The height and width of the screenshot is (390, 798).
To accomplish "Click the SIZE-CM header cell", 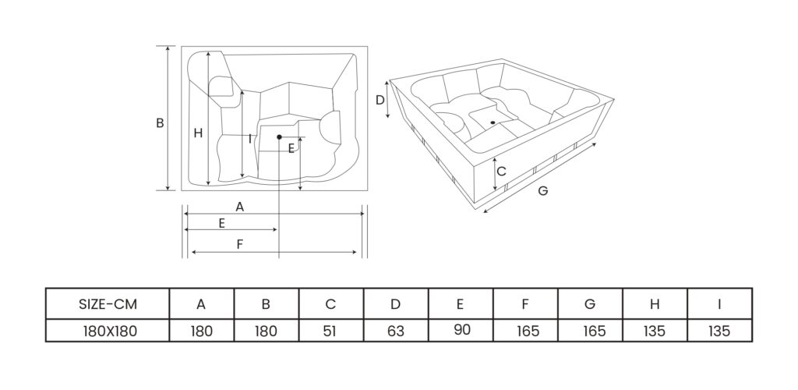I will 108,304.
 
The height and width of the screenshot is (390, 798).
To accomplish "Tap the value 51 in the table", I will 330,331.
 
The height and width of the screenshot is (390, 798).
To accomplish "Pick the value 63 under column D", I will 395,331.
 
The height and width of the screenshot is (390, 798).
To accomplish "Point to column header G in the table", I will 589,304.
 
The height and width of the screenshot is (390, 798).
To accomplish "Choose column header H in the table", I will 654,304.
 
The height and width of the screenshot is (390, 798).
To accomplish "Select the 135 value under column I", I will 719,331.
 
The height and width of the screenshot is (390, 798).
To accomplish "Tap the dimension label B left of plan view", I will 159,123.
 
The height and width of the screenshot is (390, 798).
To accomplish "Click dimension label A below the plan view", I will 240,207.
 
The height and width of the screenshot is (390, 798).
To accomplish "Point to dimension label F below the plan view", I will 240,244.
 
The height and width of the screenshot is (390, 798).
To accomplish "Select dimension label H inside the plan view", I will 198,133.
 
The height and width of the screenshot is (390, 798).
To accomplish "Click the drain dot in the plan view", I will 278,137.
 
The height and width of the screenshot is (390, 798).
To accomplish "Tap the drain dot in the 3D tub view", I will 493,122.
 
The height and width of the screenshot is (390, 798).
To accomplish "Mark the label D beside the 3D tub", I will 380,100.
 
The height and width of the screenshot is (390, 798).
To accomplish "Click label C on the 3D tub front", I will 502,170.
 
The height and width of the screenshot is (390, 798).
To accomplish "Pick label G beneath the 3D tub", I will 542,190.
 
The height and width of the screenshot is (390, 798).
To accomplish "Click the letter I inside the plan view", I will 249,139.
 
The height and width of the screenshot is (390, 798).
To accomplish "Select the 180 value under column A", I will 201,331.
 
